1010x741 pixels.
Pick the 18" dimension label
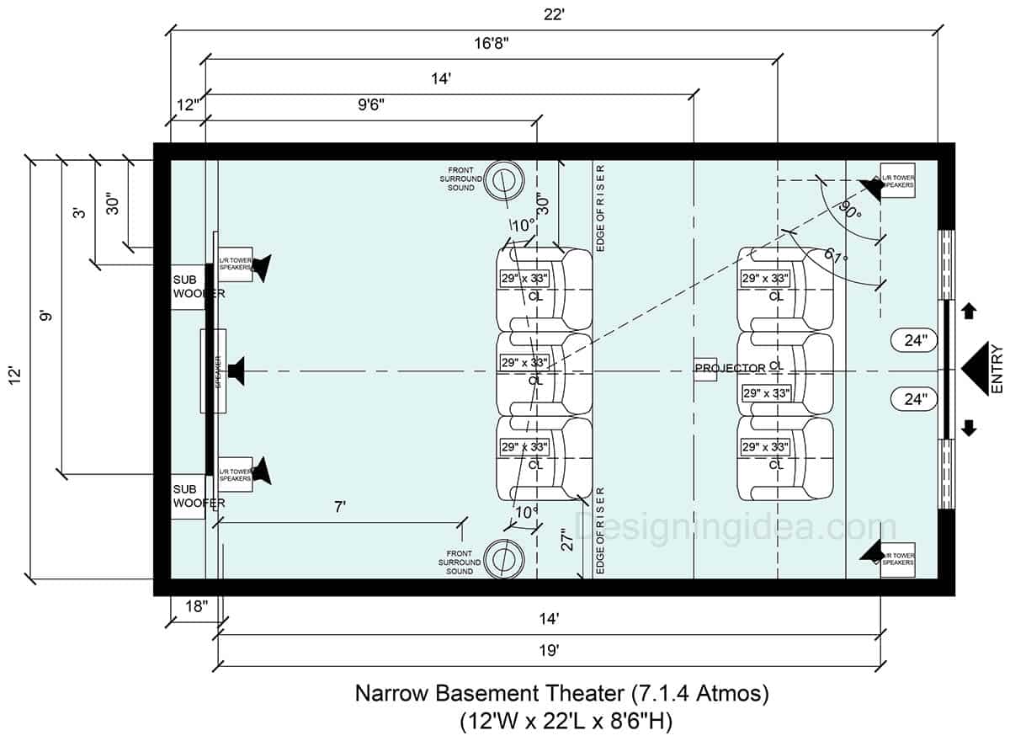click(x=194, y=606)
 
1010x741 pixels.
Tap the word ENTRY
click(x=997, y=369)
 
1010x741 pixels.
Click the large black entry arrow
click(x=975, y=370)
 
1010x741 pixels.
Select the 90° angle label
click(x=848, y=210)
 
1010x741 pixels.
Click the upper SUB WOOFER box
click(x=188, y=286)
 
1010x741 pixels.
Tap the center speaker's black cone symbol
click(x=235, y=370)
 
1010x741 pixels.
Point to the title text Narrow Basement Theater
click(x=488, y=695)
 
